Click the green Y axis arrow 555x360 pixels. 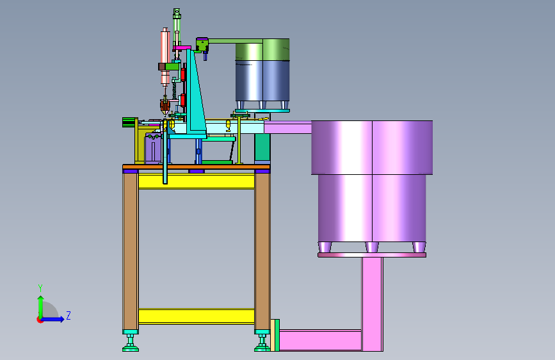point(40,307)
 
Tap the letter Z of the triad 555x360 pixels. point(68,315)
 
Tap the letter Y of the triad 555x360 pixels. point(40,288)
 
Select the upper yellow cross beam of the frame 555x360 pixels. point(197,181)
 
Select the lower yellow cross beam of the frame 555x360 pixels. point(197,316)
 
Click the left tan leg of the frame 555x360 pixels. point(130,251)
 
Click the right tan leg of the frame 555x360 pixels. point(262,251)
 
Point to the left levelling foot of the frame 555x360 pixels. point(131,342)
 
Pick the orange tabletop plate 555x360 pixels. point(197,167)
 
